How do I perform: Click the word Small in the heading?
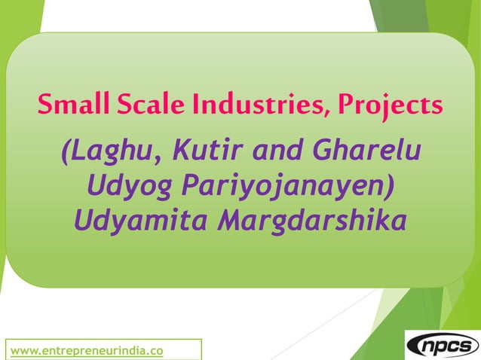[x=71, y=103]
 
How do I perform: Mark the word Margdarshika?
[x=311, y=221]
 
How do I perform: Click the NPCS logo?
[x=443, y=346]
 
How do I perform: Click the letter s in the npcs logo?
[x=467, y=346]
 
